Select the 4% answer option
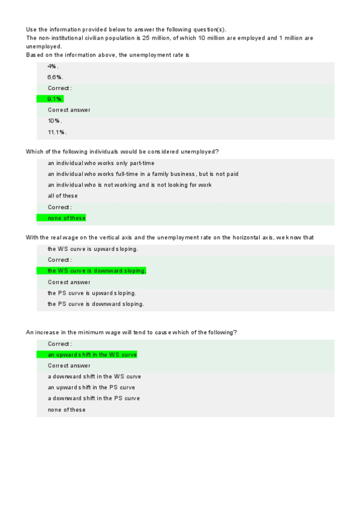pyautogui.click(x=53, y=66)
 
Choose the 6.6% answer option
pyautogui.click(x=56, y=77)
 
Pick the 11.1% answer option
pyautogui.click(x=57, y=132)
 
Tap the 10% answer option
pyautogui.click(x=55, y=121)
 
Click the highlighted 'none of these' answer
pyautogui.click(x=67, y=218)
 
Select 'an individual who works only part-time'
pyautogui.click(x=101, y=163)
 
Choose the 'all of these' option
pyautogui.click(x=62, y=196)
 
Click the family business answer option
pyautogui.click(x=143, y=174)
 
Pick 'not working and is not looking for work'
pyautogui.click(x=130, y=185)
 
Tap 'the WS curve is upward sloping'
pyautogui.click(x=93, y=249)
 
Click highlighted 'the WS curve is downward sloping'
pyautogui.click(x=96, y=271)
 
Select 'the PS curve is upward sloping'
pyautogui.click(x=92, y=293)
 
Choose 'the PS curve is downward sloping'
pyautogui.click(x=96, y=304)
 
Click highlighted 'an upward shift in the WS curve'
pyautogui.click(x=92, y=355)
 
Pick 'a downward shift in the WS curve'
pyautogui.click(x=94, y=376)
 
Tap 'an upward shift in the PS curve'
pyautogui.click(x=91, y=387)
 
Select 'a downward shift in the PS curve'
pyautogui.click(x=94, y=398)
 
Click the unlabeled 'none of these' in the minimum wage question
pyautogui.click(x=67, y=410)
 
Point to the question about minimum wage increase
pyautogui.click(x=131, y=333)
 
